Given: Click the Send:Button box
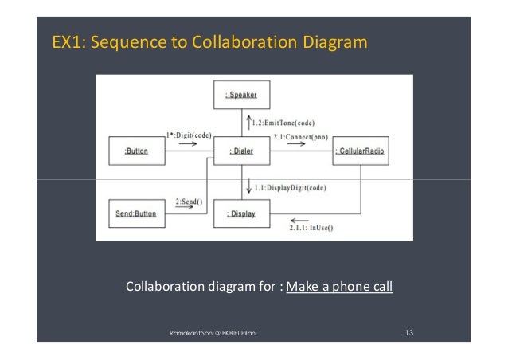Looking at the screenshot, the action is click(x=136, y=213).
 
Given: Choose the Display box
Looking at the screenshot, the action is click(x=242, y=213).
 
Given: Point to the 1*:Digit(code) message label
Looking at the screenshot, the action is click(x=189, y=135).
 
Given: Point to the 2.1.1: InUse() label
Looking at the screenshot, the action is click(x=311, y=229).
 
